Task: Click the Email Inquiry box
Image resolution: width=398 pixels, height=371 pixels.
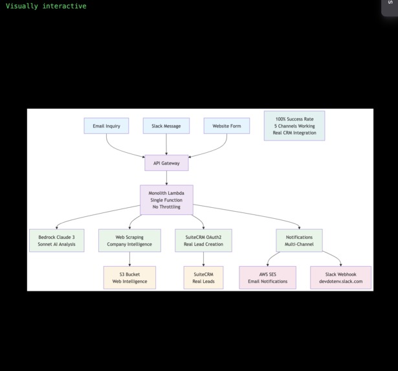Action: (x=107, y=126)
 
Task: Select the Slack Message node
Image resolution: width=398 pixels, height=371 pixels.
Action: (x=166, y=126)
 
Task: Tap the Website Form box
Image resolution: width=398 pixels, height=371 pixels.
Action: (x=227, y=126)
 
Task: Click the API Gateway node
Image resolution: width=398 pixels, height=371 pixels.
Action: (x=166, y=163)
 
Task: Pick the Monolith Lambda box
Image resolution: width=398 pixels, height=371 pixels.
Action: (x=166, y=200)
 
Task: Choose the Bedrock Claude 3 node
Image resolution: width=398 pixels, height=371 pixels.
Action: (x=56, y=240)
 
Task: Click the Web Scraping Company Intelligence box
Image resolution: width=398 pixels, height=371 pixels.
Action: (x=129, y=240)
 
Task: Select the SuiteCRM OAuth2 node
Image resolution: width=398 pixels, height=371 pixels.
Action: (x=203, y=240)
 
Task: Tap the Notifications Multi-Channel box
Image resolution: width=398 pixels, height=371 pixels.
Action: (x=299, y=240)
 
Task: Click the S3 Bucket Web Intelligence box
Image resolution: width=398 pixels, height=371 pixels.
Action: (x=129, y=278)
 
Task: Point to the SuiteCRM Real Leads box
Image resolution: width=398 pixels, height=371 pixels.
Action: (x=203, y=278)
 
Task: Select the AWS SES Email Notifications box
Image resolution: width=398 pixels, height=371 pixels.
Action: (x=267, y=278)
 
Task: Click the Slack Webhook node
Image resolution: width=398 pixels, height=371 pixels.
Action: (x=341, y=278)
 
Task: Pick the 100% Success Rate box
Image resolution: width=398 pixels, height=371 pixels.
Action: (x=294, y=126)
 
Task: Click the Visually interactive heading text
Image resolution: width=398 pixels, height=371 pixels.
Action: (x=46, y=6)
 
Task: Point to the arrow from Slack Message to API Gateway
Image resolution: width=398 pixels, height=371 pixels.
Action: (x=166, y=144)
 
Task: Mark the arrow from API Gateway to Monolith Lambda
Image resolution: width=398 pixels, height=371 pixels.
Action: (x=166, y=178)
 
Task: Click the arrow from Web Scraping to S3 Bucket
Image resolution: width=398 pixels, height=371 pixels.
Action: (x=129, y=259)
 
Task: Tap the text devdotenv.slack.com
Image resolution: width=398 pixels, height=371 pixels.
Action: (x=341, y=282)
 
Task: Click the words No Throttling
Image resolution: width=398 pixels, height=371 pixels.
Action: (x=166, y=207)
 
